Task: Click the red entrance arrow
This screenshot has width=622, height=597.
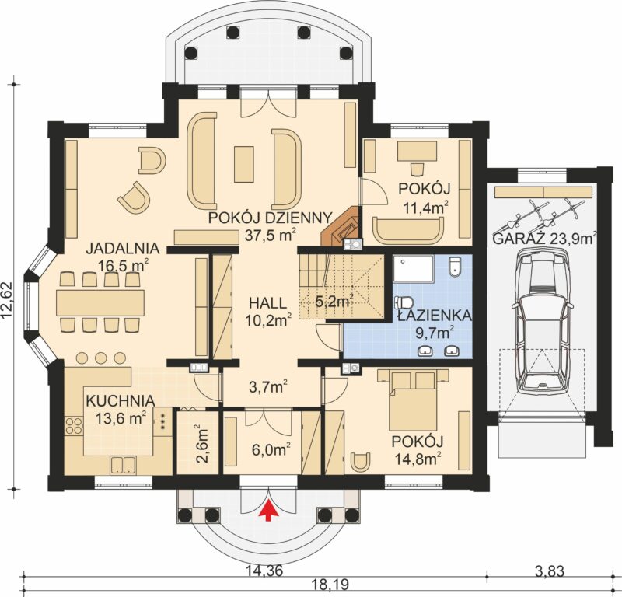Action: tap(268, 509)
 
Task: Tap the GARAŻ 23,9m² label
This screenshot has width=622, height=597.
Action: tap(545, 239)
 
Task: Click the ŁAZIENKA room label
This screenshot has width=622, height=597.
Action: tap(435, 316)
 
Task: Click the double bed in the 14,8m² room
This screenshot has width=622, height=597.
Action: tap(414, 400)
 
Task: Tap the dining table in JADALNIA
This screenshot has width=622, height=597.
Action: tap(100, 302)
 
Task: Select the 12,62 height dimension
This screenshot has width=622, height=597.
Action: tap(8, 300)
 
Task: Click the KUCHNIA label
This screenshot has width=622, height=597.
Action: tap(121, 400)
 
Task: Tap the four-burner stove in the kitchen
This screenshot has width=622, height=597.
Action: tap(74, 426)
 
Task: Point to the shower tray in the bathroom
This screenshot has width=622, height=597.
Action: tap(414, 268)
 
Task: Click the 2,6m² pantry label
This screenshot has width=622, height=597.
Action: tap(202, 444)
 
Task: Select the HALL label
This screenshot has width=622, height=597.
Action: tap(267, 303)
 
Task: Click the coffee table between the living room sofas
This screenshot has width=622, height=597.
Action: tap(243, 164)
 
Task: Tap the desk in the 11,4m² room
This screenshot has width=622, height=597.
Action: tap(418, 151)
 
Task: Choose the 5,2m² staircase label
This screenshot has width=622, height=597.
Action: tap(334, 302)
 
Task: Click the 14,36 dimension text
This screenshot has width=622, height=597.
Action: tap(264, 571)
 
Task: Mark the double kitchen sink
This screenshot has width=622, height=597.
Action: tap(123, 465)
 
